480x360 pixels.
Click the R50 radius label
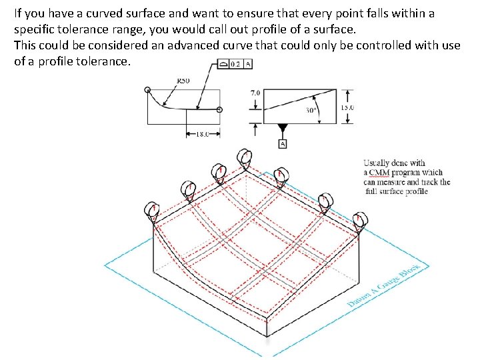[183, 80]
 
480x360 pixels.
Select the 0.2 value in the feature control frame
[235, 65]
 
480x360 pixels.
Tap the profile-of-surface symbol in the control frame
[223, 65]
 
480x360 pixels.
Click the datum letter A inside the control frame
[248, 65]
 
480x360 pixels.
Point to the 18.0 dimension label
[201, 133]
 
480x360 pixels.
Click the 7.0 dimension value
[255, 93]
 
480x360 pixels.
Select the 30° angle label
[311, 110]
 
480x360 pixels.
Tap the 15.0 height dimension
[347, 107]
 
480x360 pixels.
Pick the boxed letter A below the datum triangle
[282, 144]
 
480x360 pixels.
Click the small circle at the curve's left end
[147, 89]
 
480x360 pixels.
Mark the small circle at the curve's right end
[220, 109]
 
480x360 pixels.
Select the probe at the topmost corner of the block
[243, 159]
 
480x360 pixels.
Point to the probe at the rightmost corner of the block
[360, 220]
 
